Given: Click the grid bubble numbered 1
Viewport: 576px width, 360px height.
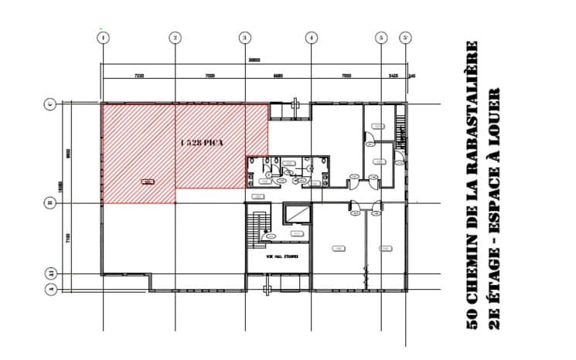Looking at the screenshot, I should coord(103,37).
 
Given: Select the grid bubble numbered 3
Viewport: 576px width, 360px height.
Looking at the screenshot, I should coord(245,37).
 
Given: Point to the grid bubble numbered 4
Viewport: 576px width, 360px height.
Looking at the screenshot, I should coord(311,37).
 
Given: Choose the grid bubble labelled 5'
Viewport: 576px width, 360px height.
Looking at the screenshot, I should coord(405,37).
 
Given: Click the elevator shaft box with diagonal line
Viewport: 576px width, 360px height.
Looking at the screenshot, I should coord(297,215).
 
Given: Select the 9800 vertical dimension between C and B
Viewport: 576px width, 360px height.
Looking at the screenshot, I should coord(68,153).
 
